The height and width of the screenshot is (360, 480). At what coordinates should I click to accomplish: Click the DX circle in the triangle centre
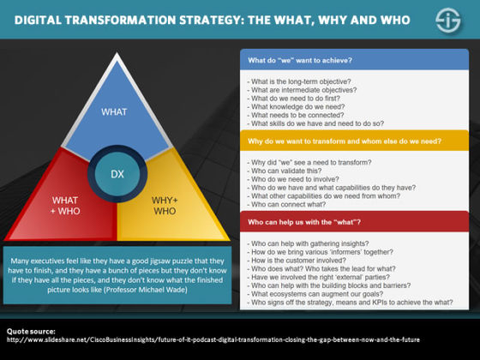(x=117, y=173)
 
